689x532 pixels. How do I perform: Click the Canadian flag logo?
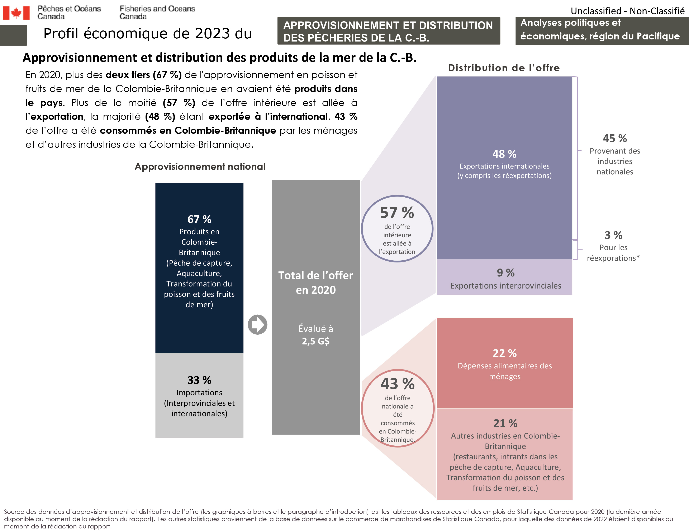(16, 13)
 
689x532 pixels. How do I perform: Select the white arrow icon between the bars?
(257, 324)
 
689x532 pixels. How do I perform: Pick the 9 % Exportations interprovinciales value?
(505, 273)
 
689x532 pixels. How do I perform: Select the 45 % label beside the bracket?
(614, 138)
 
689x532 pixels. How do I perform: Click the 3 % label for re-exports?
(613, 235)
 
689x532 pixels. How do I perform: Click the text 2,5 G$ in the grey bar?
(315, 341)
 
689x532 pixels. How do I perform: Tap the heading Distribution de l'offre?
(504, 68)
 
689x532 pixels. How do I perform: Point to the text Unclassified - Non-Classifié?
(627, 11)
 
